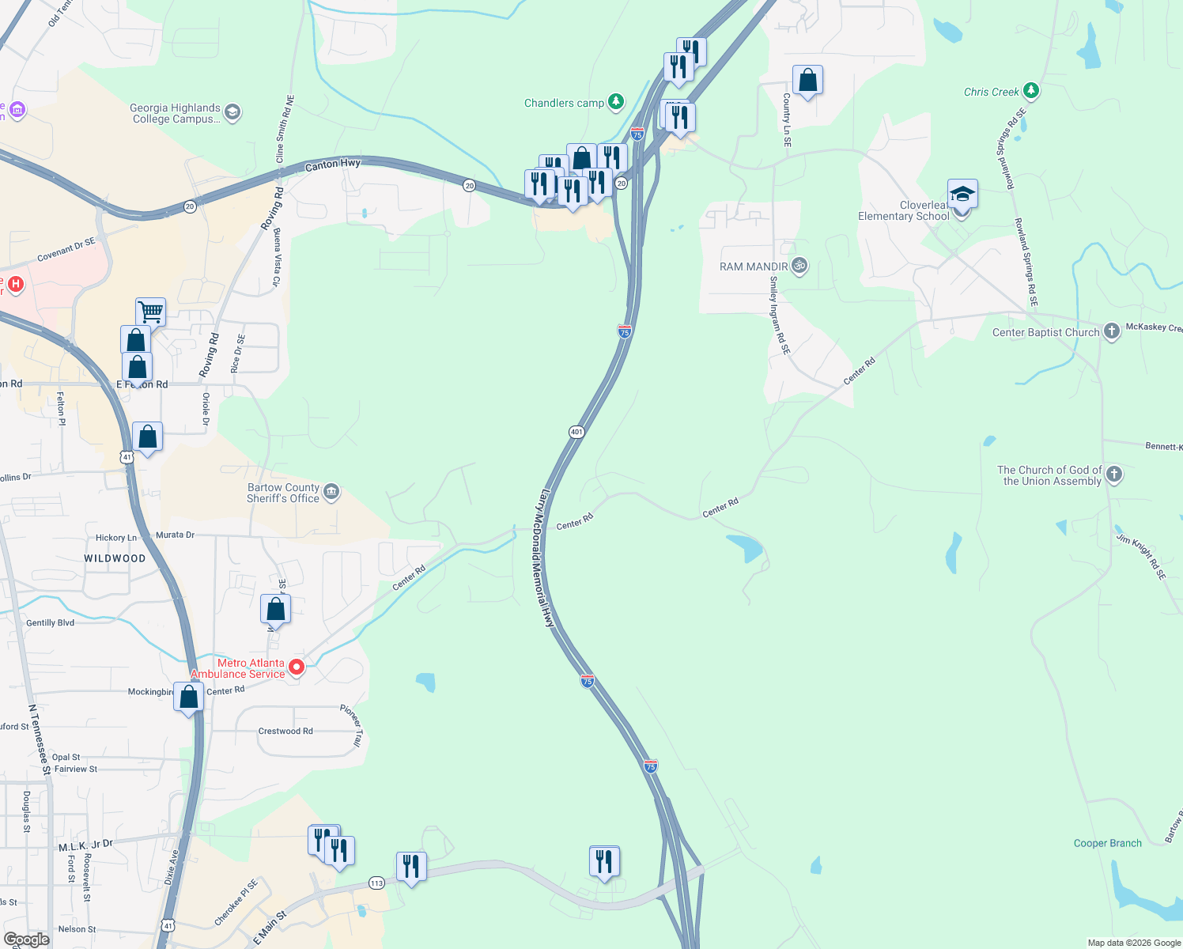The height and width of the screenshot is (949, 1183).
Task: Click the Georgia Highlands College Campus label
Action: (176, 113)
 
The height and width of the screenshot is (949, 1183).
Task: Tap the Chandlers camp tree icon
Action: (616, 102)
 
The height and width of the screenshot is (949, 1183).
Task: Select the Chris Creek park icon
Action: (1030, 91)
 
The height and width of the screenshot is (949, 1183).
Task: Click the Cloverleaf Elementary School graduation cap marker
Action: (962, 194)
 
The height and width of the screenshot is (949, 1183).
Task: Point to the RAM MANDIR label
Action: (754, 267)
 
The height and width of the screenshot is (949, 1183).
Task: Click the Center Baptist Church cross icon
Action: (1112, 331)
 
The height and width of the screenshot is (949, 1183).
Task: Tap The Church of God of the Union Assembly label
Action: (1049, 475)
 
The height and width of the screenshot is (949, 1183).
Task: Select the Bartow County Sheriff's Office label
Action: (283, 493)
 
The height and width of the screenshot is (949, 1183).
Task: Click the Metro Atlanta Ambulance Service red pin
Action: (297, 667)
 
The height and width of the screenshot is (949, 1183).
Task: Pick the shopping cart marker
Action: (150, 311)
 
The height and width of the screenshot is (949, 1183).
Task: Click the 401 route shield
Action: (576, 432)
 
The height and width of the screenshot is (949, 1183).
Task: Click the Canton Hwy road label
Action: (333, 164)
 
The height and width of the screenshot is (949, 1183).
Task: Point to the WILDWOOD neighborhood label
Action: (115, 558)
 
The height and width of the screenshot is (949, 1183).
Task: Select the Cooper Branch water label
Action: (1107, 843)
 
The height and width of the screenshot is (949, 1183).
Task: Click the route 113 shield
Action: (376, 883)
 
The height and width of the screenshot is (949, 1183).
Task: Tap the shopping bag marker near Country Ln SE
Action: (807, 80)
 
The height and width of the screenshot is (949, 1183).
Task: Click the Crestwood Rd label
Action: (285, 731)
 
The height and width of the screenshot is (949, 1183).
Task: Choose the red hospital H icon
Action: (14, 283)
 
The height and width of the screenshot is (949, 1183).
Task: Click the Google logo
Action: (27, 939)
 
